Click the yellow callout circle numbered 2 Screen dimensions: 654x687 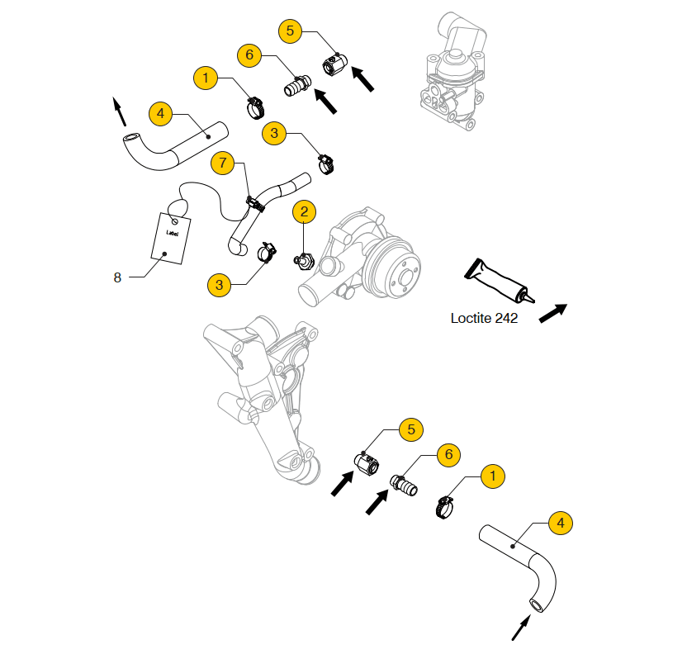pyautogui.click(x=304, y=212)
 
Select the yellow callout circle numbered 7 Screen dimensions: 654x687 pyautogui.click(x=222, y=163)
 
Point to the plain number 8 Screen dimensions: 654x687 pyautogui.click(x=117, y=277)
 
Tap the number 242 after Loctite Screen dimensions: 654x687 pyautogui.click(x=505, y=317)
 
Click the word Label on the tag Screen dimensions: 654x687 pyautogui.click(x=173, y=234)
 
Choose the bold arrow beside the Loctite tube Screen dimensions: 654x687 pyautogui.click(x=552, y=312)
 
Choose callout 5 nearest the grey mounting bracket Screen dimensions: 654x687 pyautogui.click(x=410, y=429)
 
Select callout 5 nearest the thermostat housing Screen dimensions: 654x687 pyautogui.click(x=291, y=31)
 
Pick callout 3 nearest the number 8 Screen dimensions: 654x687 pyautogui.click(x=219, y=285)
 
